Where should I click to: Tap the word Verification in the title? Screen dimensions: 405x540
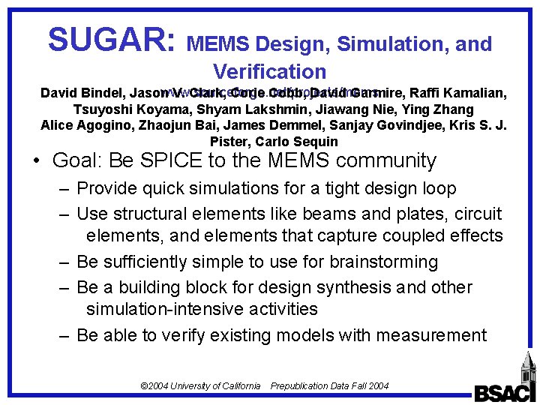click(x=270, y=71)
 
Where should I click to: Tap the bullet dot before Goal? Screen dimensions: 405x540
click(x=35, y=161)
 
